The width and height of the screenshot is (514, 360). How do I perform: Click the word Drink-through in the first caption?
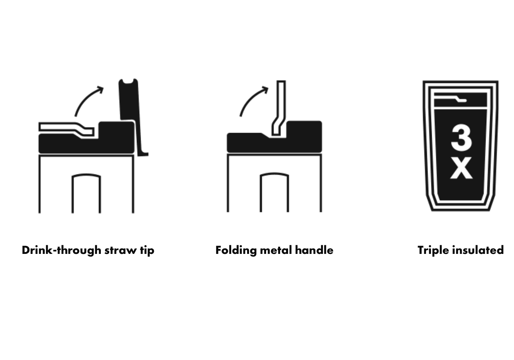point(61,250)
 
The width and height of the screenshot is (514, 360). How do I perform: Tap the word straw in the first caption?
point(121,250)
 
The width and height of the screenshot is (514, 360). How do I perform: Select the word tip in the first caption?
point(147,250)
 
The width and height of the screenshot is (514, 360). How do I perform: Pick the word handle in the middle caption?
point(314,250)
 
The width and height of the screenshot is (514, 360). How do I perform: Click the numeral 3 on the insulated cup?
point(461,138)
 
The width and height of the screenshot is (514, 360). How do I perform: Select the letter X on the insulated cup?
point(461,168)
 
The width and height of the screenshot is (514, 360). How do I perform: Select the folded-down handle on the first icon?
point(67,129)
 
